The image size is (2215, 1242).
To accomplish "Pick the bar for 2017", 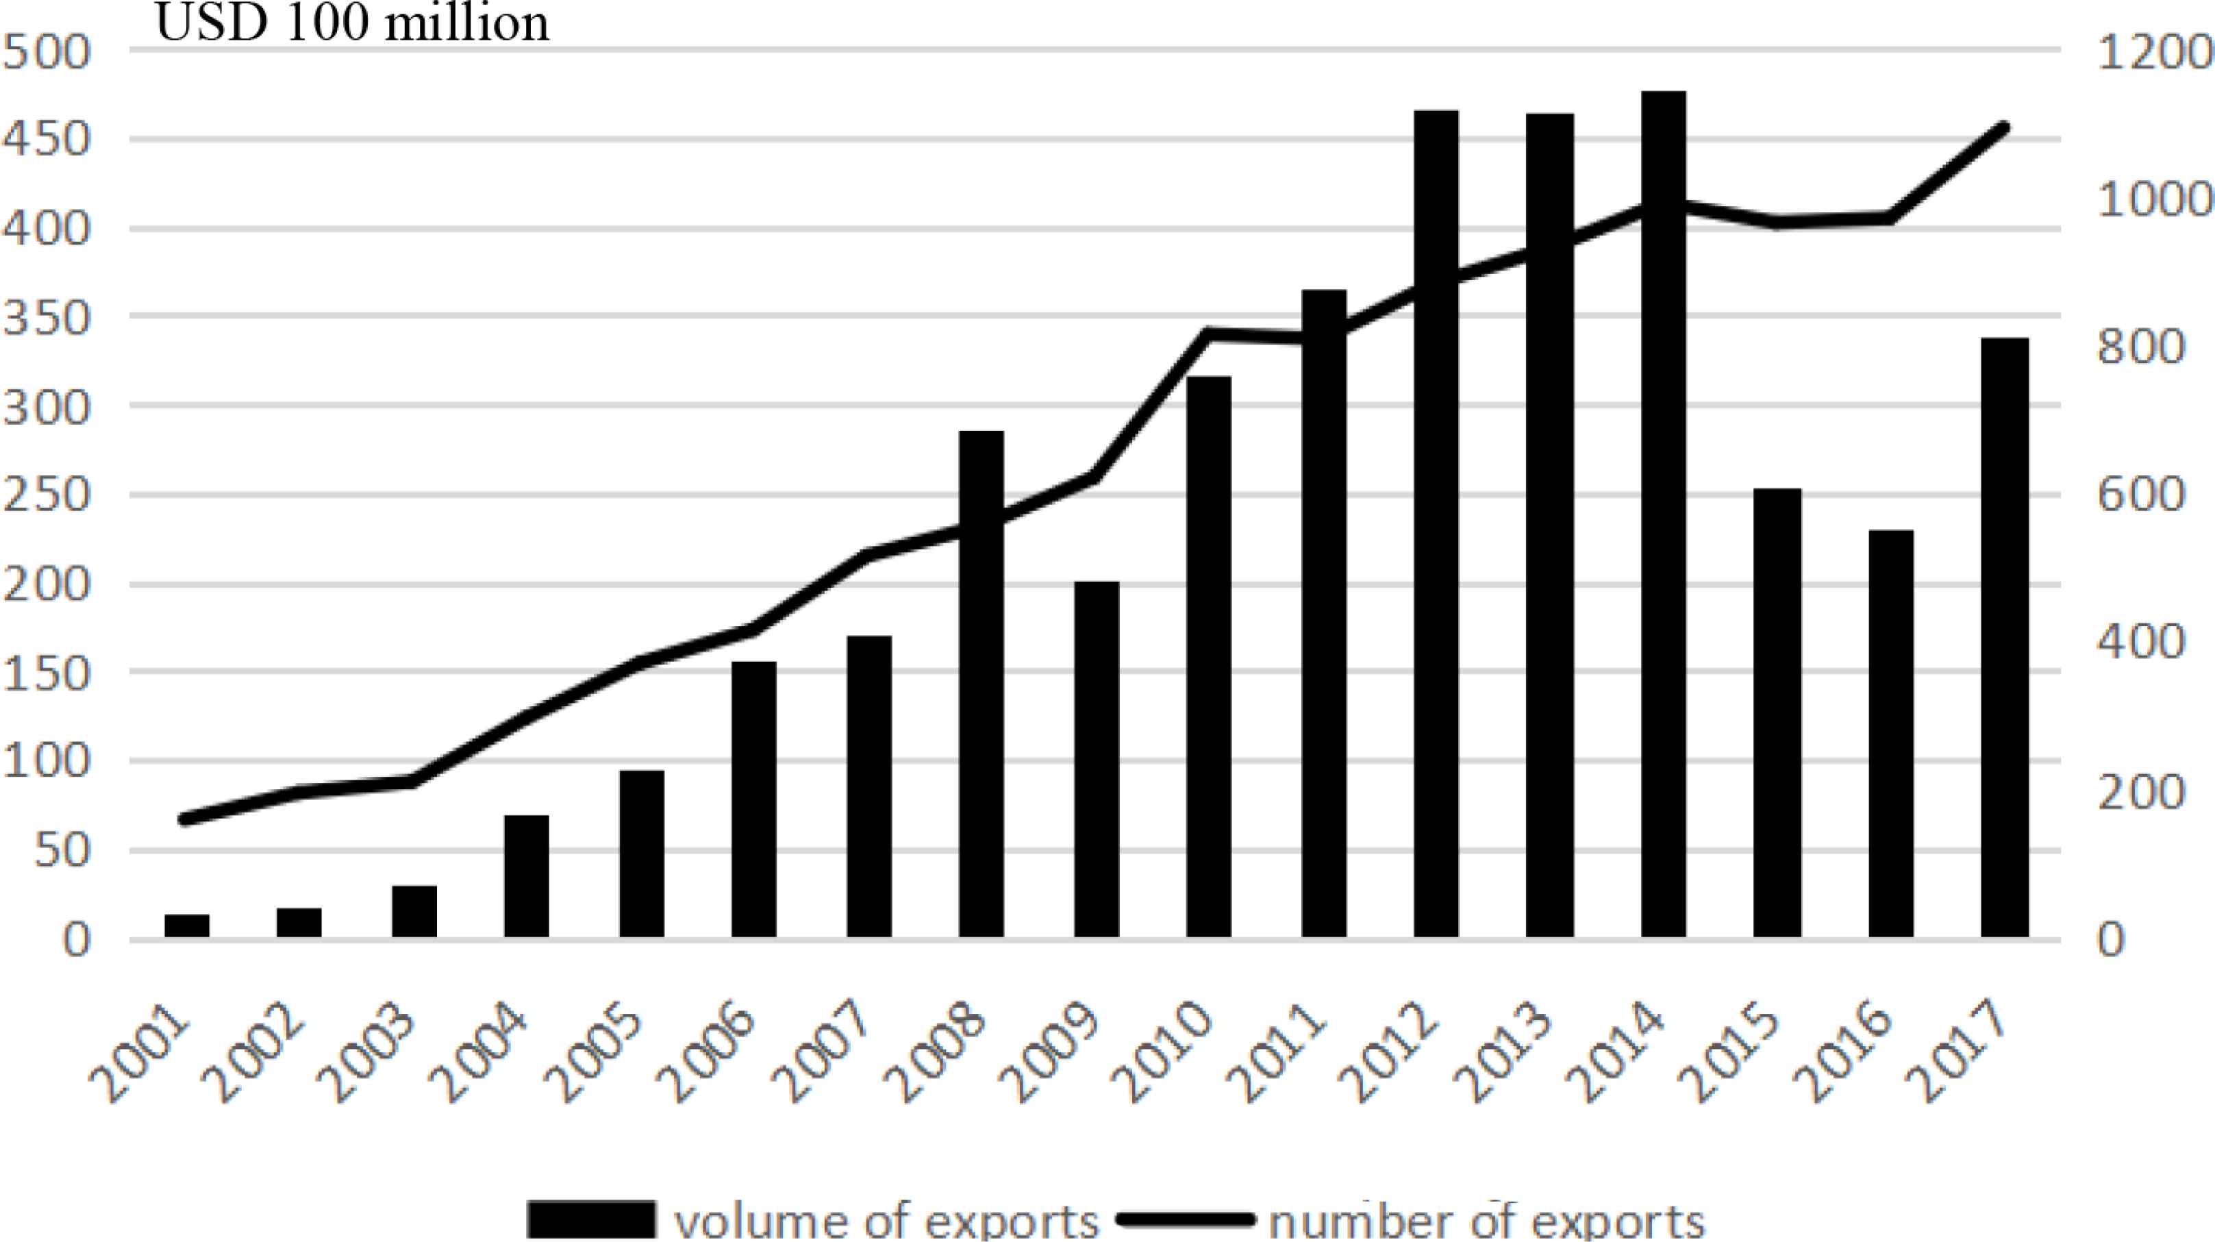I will click(2005, 636).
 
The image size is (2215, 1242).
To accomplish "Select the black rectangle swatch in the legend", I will click(590, 1219).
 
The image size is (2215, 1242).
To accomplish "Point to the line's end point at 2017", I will click(2004, 128).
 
